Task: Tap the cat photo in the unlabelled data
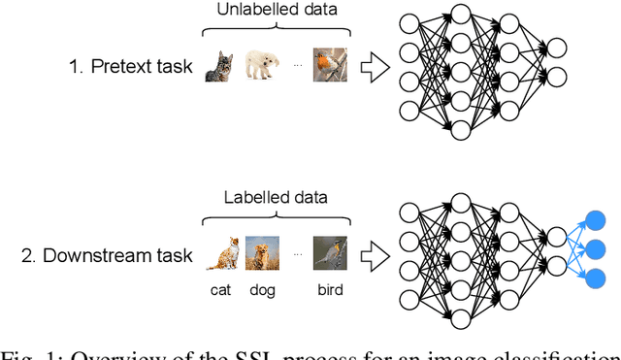pyautogui.click(x=219, y=67)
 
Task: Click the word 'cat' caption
pyautogui.click(x=222, y=289)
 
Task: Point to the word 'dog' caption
pyautogui.click(x=263, y=289)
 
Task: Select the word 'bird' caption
pyautogui.click(x=329, y=289)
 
